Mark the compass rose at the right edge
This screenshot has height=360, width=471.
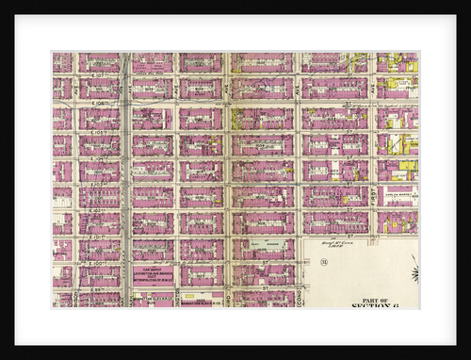tap(414, 273)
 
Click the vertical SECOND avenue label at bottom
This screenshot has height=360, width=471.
tap(300, 298)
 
